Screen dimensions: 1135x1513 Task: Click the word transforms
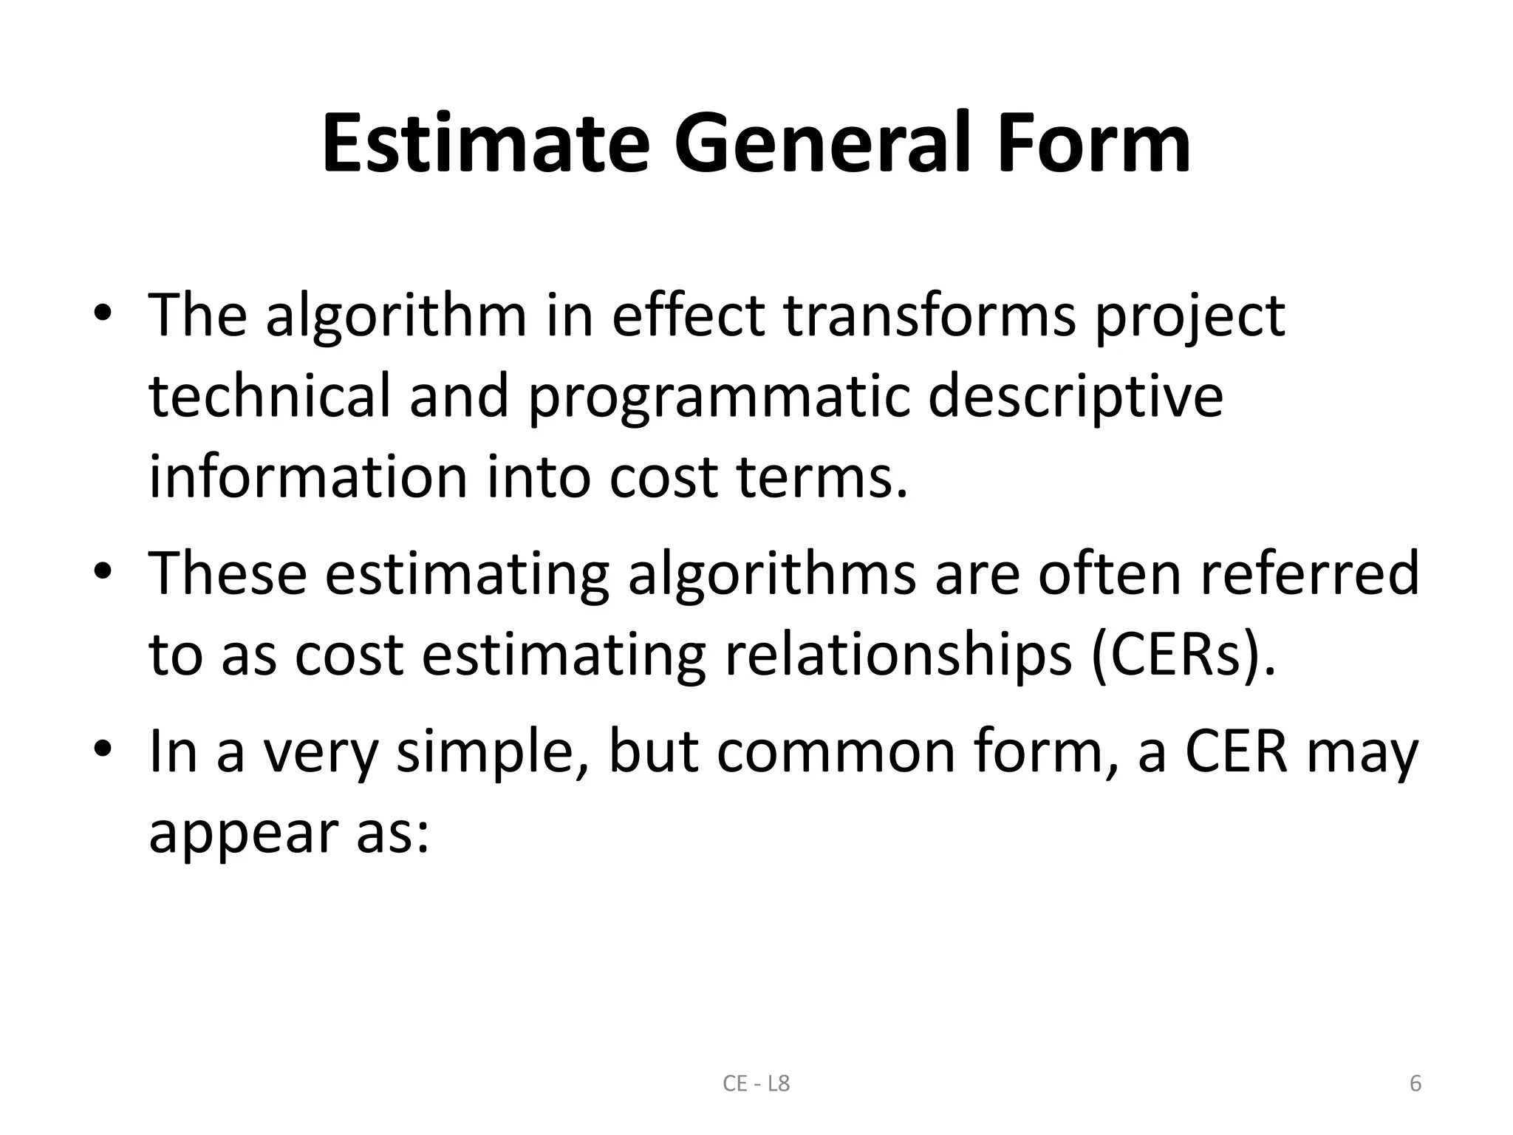929,316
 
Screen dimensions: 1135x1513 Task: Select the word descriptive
1075,397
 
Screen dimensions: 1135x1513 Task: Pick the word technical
269,395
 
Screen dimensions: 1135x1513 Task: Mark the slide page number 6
1415,1084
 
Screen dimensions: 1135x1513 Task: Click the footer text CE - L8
756,1084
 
